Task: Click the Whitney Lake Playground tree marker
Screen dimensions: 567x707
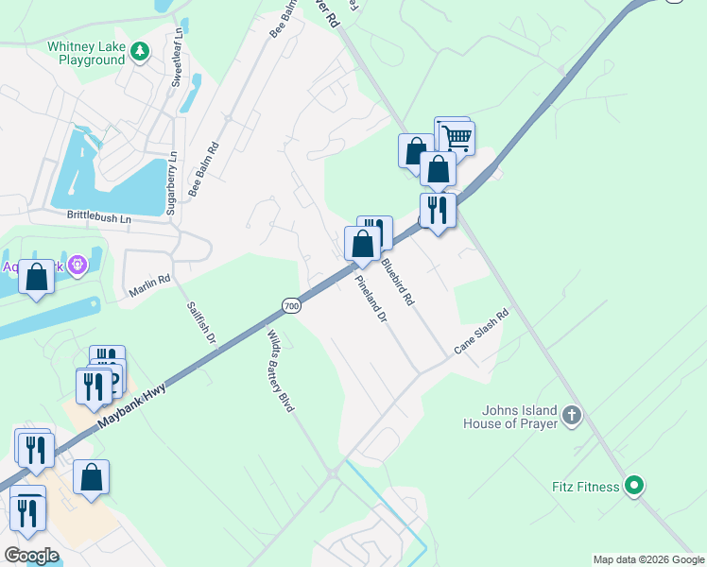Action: tap(140, 51)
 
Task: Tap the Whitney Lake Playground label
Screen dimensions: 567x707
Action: tap(86, 53)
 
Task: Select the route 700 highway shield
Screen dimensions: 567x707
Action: tap(291, 305)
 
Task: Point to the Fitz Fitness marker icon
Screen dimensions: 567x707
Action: tap(635, 487)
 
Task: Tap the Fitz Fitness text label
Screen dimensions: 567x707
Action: tap(585, 488)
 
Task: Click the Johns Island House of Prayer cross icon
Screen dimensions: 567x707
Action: tap(571, 415)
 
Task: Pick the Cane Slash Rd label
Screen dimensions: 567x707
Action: tap(482, 332)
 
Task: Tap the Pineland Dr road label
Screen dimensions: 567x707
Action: tap(371, 299)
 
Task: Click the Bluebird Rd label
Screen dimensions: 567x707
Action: tap(397, 280)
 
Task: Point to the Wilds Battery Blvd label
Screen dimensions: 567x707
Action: tap(281, 371)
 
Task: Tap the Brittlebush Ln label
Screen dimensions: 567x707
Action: tap(99, 216)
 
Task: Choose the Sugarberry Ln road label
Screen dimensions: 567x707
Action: tap(171, 182)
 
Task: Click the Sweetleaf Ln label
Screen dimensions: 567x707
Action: tap(176, 65)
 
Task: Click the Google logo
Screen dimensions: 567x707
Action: tap(31, 556)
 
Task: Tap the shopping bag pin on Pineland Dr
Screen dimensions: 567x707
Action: tap(362, 246)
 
